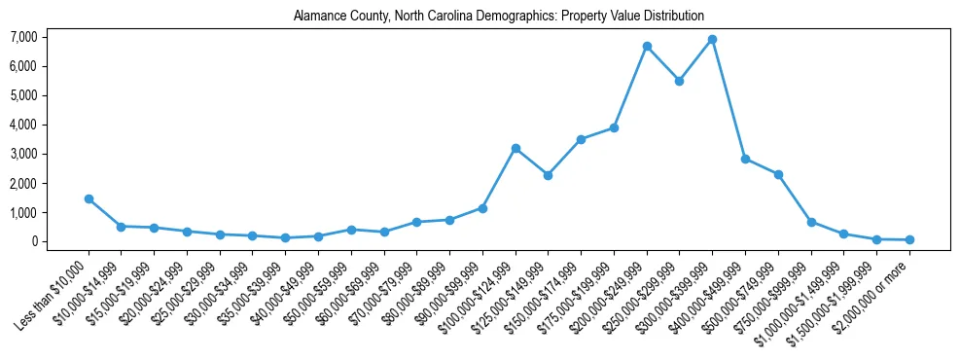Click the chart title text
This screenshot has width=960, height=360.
coord(498,16)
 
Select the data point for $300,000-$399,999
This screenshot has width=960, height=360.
coord(712,40)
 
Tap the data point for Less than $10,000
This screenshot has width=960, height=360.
coord(89,198)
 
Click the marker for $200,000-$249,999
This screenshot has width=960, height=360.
coord(647,47)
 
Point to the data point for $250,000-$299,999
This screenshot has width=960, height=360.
coord(679,81)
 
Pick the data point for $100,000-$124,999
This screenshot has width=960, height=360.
coord(516,148)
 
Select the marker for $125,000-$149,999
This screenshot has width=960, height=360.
coord(549,175)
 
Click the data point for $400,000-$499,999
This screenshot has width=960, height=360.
coord(745,159)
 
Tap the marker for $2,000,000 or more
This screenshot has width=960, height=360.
coord(909,239)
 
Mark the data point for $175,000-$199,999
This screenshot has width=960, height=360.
coord(614,127)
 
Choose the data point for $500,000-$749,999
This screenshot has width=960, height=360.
coord(778,174)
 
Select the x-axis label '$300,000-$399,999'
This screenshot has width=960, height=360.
coord(678,294)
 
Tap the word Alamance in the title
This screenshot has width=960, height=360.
coord(317,16)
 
